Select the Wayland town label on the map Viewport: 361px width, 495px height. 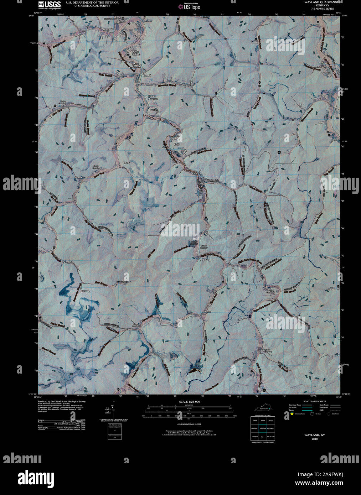click(211, 181)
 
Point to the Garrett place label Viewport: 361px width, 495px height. click(147, 75)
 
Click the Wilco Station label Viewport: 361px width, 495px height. click(136, 53)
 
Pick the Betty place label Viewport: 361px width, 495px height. click(127, 163)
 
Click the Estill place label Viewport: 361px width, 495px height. click(176, 144)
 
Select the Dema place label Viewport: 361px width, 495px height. click(205, 260)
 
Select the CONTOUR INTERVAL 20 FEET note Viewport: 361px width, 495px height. click(189, 424)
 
